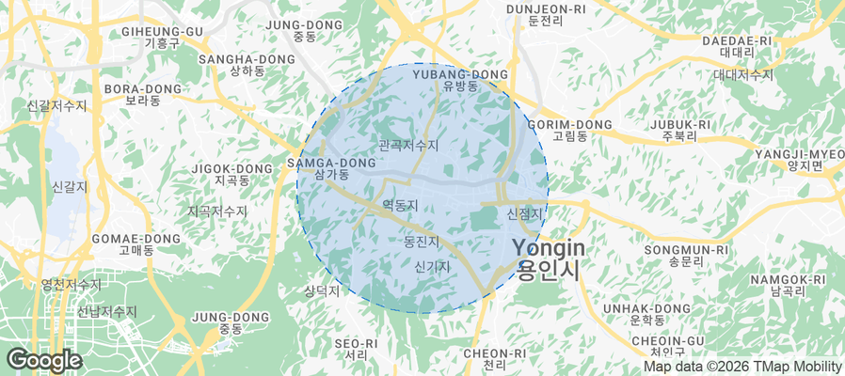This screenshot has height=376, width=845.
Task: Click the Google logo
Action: tap(43, 360)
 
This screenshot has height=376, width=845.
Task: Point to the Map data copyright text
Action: tap(742, 367)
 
